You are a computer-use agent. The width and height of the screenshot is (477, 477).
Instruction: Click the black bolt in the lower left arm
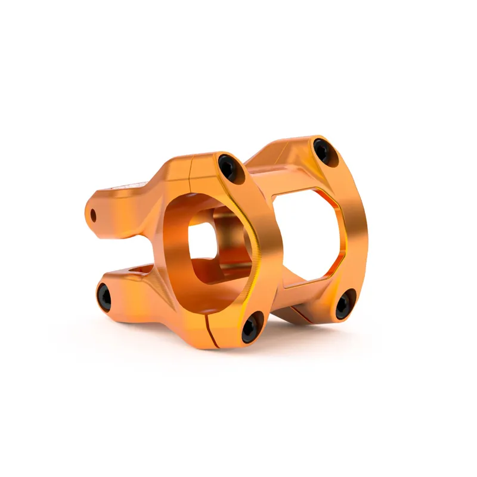point(104,297)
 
